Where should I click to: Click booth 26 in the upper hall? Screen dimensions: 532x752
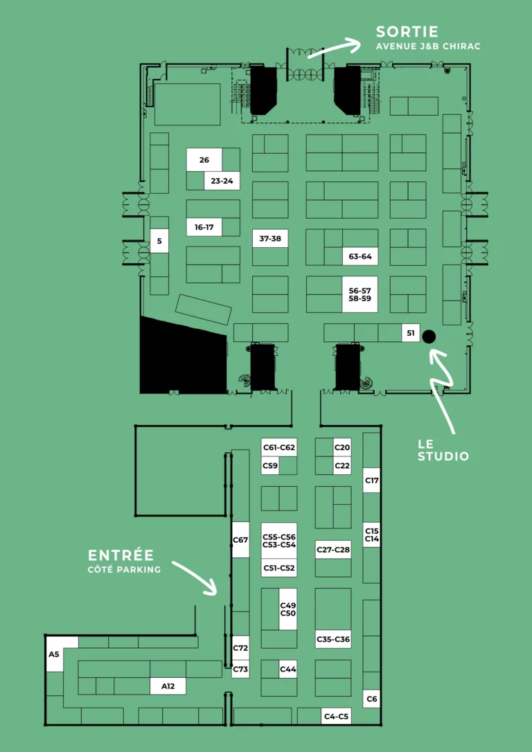[204, 160]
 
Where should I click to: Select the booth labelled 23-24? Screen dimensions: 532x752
[222, 181]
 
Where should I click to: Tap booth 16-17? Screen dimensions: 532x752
[204, 227]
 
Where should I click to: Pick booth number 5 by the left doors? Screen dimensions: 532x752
[159, 241]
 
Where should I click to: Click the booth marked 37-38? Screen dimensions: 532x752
[271, 238]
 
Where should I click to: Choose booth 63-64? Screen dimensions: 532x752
[360, 256]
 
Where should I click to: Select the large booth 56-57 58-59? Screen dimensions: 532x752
[360, 294]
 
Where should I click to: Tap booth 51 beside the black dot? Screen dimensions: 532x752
[411, 333]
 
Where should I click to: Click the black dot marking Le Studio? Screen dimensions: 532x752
[428, 337]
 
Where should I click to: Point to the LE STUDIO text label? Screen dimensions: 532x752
[443, 451]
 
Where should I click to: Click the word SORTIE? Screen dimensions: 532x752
[407, 32]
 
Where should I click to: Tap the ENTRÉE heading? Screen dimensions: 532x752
[121, 555]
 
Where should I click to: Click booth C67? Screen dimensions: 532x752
[241, 539]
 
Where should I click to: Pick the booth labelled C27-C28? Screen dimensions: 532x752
[333, 550]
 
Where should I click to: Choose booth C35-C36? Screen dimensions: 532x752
[333, 639]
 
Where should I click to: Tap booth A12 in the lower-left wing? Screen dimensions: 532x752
[168, 686]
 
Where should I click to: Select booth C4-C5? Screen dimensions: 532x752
[336, 717]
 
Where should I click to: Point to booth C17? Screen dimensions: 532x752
[372, 480]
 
